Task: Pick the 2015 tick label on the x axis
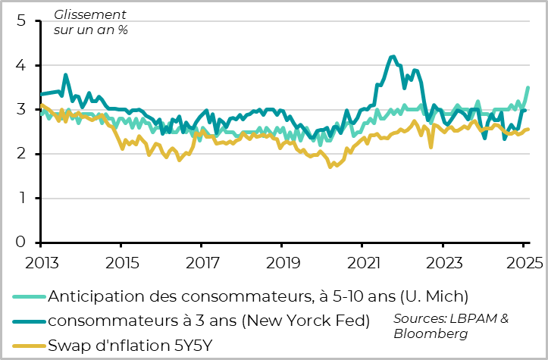coord(120,263)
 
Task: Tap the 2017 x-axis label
coord(201,263)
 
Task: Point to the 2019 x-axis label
coord(281,263)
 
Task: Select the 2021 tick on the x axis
coord(362,263)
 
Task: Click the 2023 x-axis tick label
coord(443,263)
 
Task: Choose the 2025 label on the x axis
coord(523,263)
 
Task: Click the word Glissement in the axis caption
coord(89,15)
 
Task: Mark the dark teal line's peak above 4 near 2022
coord(392,56)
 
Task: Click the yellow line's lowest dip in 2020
coord(330,166)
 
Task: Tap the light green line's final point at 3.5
coord(528,88)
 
